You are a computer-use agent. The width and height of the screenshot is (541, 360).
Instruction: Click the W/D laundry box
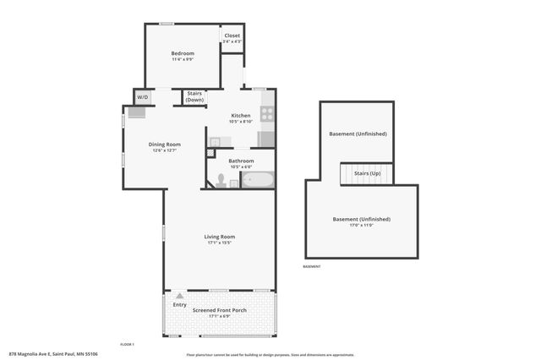pyautogui.click(x=142, y=96)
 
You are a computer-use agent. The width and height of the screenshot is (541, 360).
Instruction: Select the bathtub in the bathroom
pyautogui.click(x=258, y=179)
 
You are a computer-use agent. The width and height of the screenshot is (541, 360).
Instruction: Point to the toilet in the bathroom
pyautogui.click(x=221, y=180)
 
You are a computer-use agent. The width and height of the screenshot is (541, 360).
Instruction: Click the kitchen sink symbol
pyautogui.click(x=216, y=142)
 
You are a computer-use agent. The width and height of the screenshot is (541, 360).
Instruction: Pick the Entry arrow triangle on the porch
pyautogui.click(x=179, y=296)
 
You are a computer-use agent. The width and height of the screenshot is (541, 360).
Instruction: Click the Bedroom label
pyautogui.click(x=183, y=53)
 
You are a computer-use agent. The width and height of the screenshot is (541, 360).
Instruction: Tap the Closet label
pyautogui.click(x=232, y=35)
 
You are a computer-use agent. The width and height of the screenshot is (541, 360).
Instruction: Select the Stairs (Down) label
pyautogui.click(x=194, y=96)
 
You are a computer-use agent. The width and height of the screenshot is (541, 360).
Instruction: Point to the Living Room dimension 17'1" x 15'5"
pyautogui.click(x=220, y=243)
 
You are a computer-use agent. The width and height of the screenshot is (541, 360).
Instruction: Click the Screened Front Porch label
pyautogui.click(x=220, y=311)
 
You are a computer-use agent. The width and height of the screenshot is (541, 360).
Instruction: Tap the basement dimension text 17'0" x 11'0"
pyautogui.click(x=361, y=226)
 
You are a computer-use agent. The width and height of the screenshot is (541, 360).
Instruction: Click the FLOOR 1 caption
pyautogui.click(x=127, y=344)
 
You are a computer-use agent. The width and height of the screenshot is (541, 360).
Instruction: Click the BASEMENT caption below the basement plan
pyautogui.click(x=312, y=267)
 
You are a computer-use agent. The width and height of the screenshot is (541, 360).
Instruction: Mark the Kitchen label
pyautogui.click(x=241, y=115)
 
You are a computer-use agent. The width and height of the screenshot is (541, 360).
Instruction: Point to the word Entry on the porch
pyautogui.click(x=179, y=304)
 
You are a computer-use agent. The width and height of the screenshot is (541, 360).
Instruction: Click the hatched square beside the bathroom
pyautogui.click(x=211, y=154)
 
